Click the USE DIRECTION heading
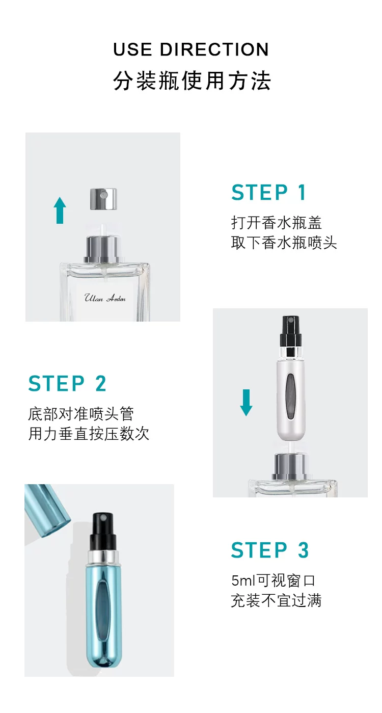(x=191, y=49)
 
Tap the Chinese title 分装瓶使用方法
(x=192, y=81)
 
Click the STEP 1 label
(x=269, y=192)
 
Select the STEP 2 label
(x=67, y=383)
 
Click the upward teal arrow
(x=60, y=210)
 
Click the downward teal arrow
(x=246, y=402)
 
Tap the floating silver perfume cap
(x=103, y=199)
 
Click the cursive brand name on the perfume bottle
(x=105, y=298)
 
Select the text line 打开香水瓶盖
(x=277, y=223)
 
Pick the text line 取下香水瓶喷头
(x=284, y=243)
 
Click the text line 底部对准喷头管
(x=81, y=414)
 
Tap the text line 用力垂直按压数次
(x=89, y=434)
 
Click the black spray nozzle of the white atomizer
(x=289, y=331)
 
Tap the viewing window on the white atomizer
(x=290, y=397)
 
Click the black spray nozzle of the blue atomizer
(x=103, y=531)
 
